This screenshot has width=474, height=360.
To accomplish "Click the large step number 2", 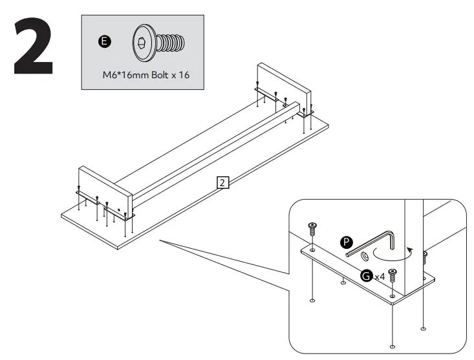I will pyautogui.click(x=33, y=46).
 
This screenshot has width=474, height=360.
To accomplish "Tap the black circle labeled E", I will pyautogui.click(x=103, y=43).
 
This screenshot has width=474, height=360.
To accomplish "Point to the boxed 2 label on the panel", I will pyautogui.click(x=222, y=183).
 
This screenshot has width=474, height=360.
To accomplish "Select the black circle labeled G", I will pyautogui.click(x=367, y=276).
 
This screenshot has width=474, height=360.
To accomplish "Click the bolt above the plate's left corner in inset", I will pyautogui.click(x=312, y=229).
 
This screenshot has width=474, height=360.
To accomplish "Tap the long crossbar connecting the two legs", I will pyautogui.click(x=213, y=149).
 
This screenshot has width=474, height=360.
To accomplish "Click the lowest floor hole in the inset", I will pyautogui.click(x=392, y=344).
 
